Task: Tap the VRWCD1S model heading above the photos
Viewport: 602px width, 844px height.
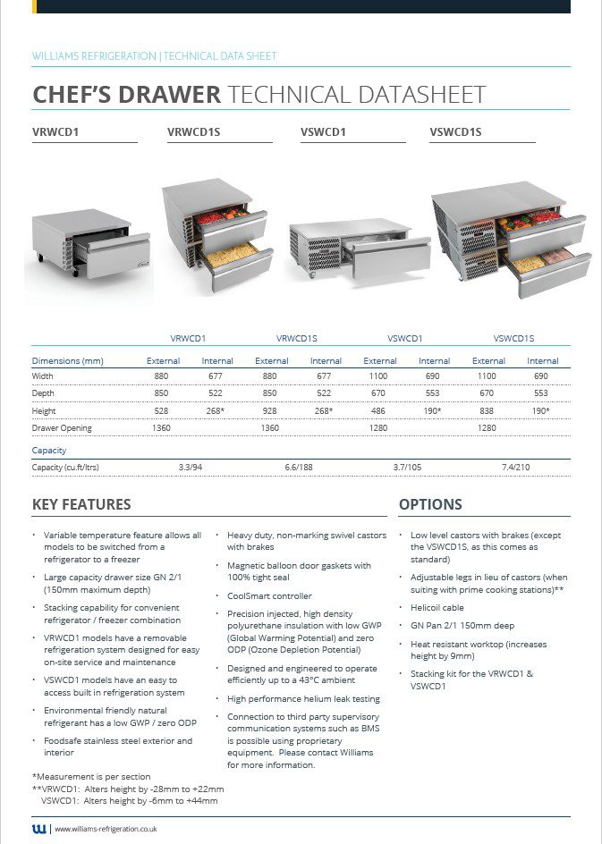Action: tap(193, 133)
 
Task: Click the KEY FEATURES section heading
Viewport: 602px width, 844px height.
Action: tap(81, 504)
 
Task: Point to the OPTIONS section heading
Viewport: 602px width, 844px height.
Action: tap(430, 504)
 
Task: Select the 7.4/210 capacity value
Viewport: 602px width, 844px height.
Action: tap(515, 468)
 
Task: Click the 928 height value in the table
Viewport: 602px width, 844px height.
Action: tap(272, 411)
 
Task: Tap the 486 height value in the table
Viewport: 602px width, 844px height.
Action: tap(379, 411)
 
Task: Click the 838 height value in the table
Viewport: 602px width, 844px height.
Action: tap(488, 411)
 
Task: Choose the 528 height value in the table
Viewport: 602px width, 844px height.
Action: tap(163, 411)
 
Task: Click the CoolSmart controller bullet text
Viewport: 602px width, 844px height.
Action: tap(269, 595)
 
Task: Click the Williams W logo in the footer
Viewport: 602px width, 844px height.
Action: tap(39, 829)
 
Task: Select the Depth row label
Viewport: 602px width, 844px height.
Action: tap(43, 394)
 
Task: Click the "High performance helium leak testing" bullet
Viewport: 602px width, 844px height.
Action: tap(303, 699)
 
